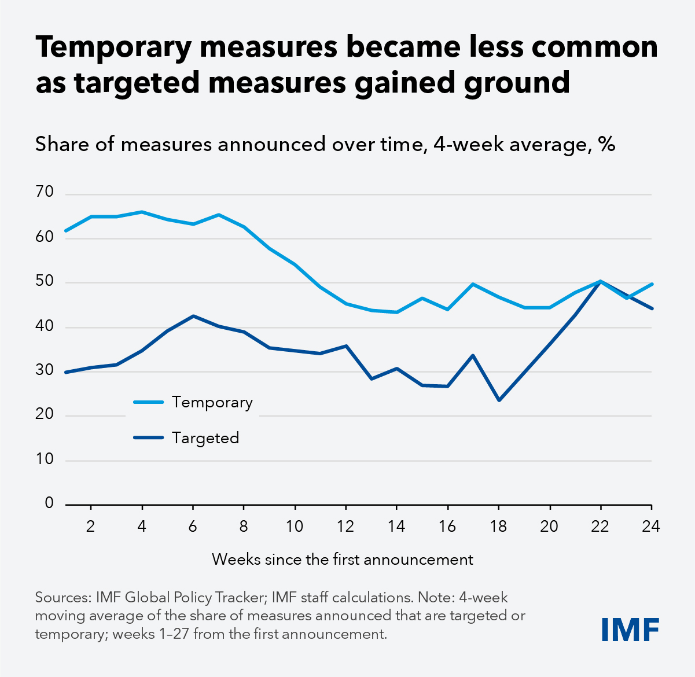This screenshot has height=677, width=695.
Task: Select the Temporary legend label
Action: coord(212,402)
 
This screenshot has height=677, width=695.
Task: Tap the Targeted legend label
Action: coord(205,438)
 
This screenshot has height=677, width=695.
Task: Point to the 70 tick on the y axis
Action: coord(45,192)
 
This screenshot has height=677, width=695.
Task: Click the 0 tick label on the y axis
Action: coord(49,503)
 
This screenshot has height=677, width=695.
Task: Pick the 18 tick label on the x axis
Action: coord(499,526)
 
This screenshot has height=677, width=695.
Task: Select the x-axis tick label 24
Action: coord(650,526)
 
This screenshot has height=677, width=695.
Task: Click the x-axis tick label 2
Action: coord(91,526)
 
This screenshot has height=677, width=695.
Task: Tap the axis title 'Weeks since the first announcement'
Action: coord(343,560)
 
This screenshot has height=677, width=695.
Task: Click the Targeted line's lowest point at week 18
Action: coord(499,400)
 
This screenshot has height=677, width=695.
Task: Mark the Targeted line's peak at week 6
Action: coord(193,316)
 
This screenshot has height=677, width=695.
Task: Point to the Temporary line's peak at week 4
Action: coord(142,212)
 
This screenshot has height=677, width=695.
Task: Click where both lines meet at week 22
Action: coord(601,281)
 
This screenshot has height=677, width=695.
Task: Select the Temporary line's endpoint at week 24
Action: coord(652,284)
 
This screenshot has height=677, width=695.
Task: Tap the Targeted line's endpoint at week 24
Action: coord(652,308)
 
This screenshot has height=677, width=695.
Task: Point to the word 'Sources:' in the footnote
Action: coord(63,597)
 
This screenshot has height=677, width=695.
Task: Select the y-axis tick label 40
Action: coord(45,326)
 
